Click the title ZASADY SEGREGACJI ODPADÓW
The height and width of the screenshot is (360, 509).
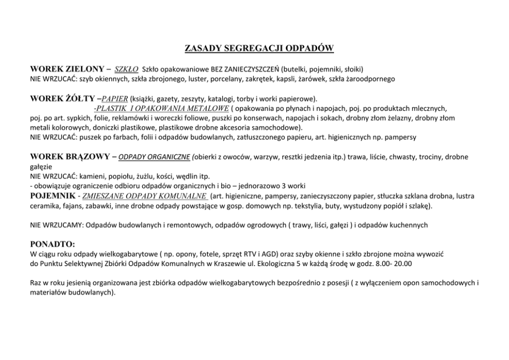(x=259, y=49)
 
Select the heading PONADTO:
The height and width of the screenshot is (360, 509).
(x=53, y=244)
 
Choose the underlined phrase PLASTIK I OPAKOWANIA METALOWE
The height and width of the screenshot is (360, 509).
(x=161, y=108)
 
